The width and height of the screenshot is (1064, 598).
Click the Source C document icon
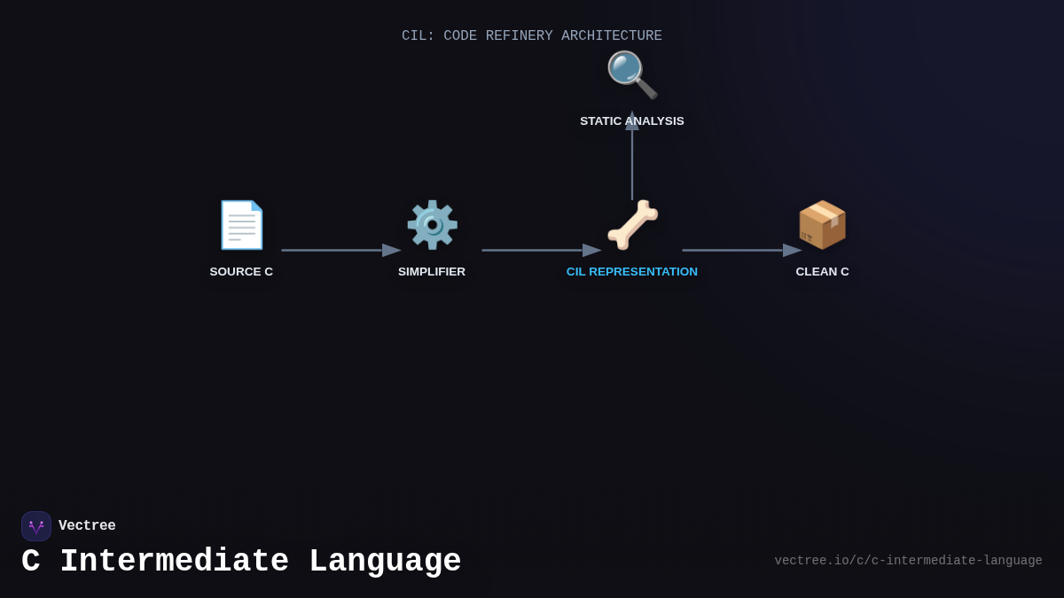coord(241,225)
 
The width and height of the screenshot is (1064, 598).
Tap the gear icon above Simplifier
coord(432,225)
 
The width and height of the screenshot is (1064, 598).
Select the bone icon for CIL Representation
coord(632,225)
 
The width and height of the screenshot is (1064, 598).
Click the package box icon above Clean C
coord(822,225)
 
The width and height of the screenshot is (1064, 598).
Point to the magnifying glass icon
coord(631,74)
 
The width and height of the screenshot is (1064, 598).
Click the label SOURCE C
coord(241,272)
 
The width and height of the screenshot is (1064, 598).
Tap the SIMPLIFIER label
coord(432,272)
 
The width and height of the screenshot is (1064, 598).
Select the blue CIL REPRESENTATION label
coord(632,272)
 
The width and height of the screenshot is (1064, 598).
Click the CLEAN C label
coord(822,272)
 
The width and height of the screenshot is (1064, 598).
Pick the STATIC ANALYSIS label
coord(632,121)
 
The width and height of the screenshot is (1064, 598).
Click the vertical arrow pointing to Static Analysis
coord(632,159)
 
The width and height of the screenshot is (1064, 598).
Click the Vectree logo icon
coord(36,526)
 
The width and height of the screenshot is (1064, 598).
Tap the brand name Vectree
coord(87,526)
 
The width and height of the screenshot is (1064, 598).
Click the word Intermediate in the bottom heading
coord(174,562)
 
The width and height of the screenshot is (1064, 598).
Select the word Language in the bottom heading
coord(385,562)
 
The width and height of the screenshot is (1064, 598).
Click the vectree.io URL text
coord(908,561)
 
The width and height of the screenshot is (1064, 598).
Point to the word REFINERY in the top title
coord(519,36)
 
